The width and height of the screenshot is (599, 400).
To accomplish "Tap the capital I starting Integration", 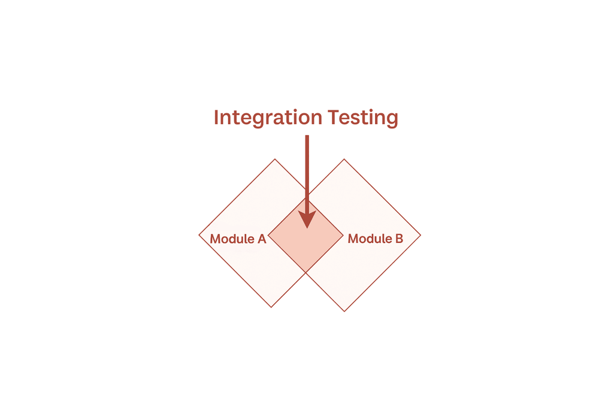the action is coord(216,118).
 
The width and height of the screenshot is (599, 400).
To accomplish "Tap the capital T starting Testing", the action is coord(334,118).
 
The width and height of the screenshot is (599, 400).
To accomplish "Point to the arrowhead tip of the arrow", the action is coord(307,227).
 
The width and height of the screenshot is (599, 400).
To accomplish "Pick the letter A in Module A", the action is coord(261,239).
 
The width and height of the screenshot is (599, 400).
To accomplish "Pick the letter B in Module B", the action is coord(399,239).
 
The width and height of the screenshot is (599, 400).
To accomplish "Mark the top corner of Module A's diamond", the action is coord(275,159).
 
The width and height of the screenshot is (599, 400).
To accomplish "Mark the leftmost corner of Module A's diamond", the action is coord(199,234).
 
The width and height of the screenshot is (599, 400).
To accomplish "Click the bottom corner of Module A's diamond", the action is coord(271,307).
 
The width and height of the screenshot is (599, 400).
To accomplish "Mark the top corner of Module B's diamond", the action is coord(344,159).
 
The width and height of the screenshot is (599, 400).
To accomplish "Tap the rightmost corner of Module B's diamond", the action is coord(420,234).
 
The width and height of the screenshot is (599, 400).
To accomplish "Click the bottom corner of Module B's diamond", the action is coord(344,311).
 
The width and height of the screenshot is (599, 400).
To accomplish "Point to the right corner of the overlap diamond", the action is coord(343,234).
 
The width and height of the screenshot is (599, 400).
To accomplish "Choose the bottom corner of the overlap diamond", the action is coord(306,272).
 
